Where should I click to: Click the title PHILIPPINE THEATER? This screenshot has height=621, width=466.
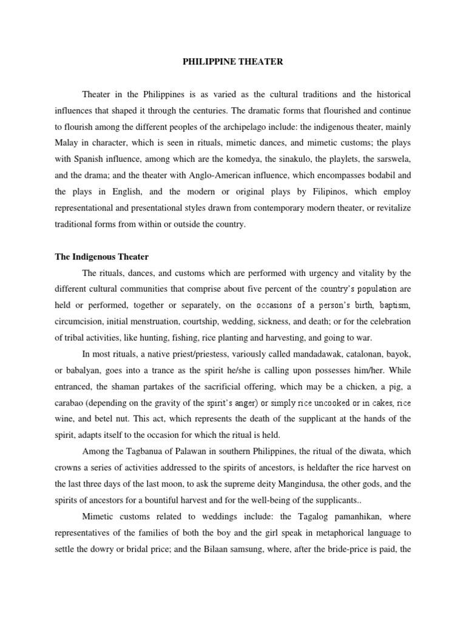tap(233, 62)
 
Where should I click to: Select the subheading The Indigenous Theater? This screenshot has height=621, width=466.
tap(102, 257)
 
